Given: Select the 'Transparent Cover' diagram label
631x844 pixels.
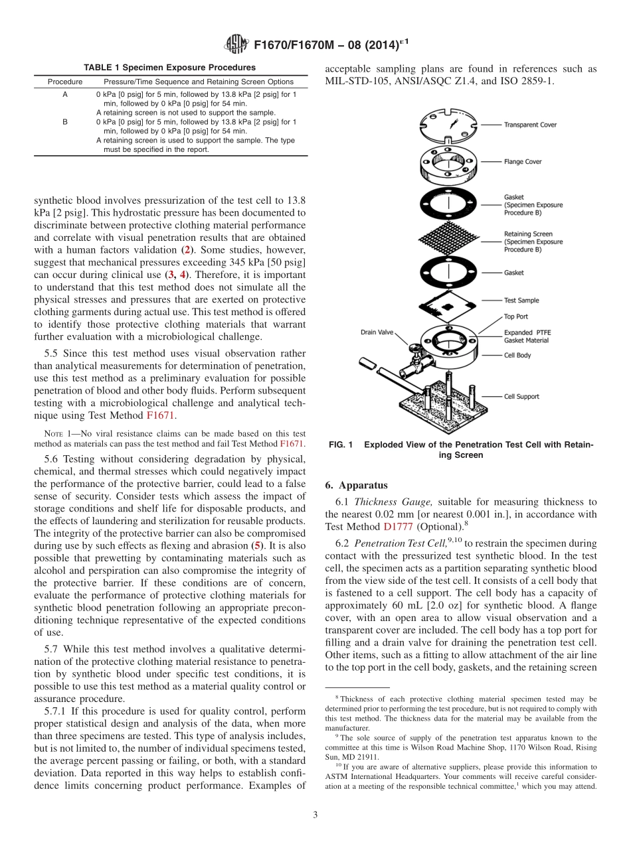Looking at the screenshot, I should (529, 125).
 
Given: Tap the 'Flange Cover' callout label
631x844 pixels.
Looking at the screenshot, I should (523, 161).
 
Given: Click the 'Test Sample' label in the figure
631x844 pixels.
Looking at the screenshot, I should (521, 301).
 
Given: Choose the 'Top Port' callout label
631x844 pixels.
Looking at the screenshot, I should (516, 316).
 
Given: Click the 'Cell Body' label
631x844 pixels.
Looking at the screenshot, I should (517, 355).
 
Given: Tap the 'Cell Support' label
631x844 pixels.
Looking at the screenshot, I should (521, 396).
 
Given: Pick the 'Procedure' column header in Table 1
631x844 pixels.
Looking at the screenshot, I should (65, 82).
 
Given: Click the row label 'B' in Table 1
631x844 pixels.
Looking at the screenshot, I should (65, 122).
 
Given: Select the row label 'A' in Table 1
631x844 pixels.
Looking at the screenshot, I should (65, 95).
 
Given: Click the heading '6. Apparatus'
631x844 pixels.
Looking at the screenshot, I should (357, 485).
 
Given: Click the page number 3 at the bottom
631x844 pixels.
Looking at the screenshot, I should (315, 815).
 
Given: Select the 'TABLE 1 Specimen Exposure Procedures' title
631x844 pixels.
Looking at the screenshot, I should (169, 68).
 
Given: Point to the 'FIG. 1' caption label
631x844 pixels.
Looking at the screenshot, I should (341, 445).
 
